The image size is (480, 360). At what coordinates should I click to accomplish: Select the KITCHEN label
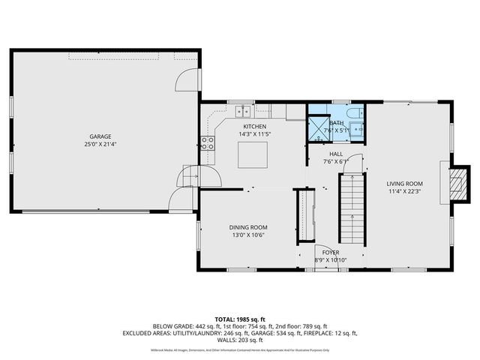pyautogui.click(x=253, y=126)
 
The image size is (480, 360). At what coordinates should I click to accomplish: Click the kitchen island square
pyautogui.click(x=253, y=154)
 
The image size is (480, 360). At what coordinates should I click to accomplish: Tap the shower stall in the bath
pyautogui.click(x=317, y=128)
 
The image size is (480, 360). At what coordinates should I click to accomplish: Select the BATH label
pyautogui.click(x=337, y=123)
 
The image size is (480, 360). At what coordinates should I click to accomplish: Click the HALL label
pyautogui.click(x=337, y=153)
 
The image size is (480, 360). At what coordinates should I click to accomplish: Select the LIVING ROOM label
pyautogui.click(x=405, y=184)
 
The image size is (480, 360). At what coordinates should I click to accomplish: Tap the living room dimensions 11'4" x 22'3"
pyautogui.click(x=405, y=192)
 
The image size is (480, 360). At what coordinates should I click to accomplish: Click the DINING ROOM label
pyautogui.click(x=248, y=227)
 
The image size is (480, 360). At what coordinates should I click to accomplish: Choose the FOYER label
pyautogui.click(x=331, y=252)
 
